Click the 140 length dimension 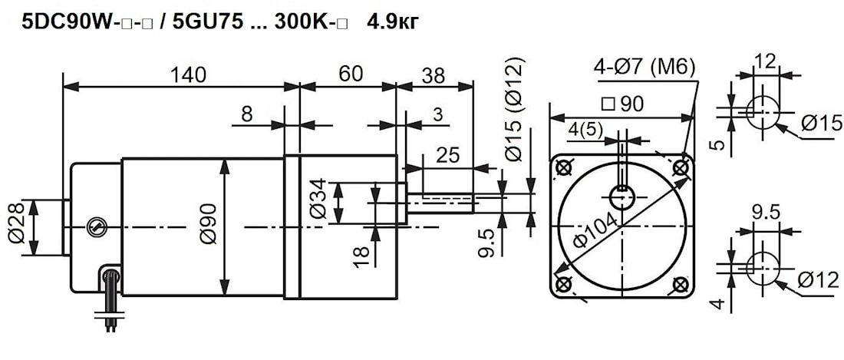[188, 74]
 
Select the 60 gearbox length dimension [350, 74]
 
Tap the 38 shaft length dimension [434, 74]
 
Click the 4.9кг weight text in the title [393, 22]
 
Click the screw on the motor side [95, 226]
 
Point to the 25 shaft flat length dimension [447, 156]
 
